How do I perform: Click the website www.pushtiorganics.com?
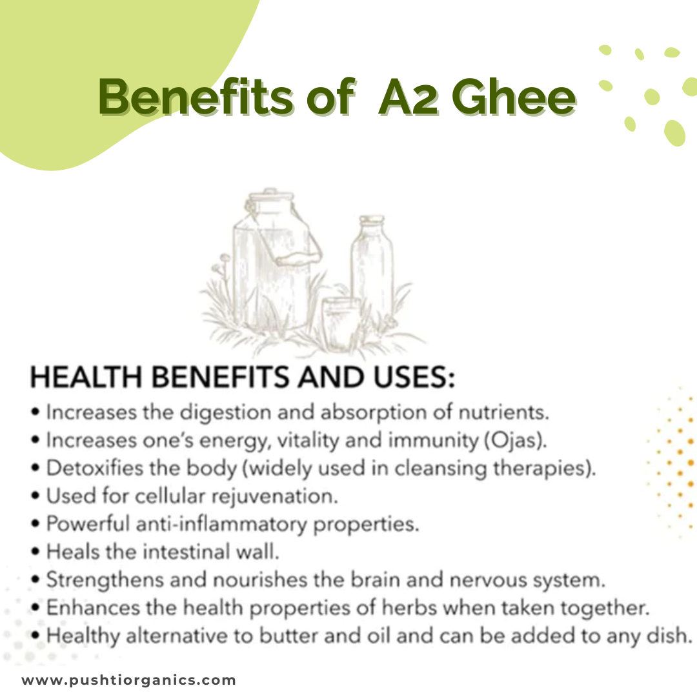[x=129, y=680]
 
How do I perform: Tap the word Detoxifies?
[x=91, y=469]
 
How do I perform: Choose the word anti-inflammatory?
[x=221, y=525]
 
